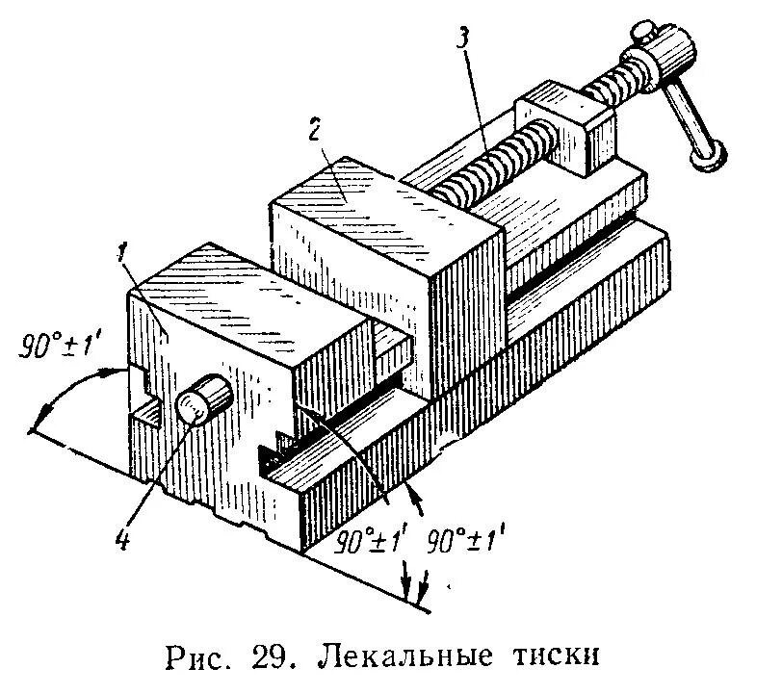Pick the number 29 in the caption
(266, 658)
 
